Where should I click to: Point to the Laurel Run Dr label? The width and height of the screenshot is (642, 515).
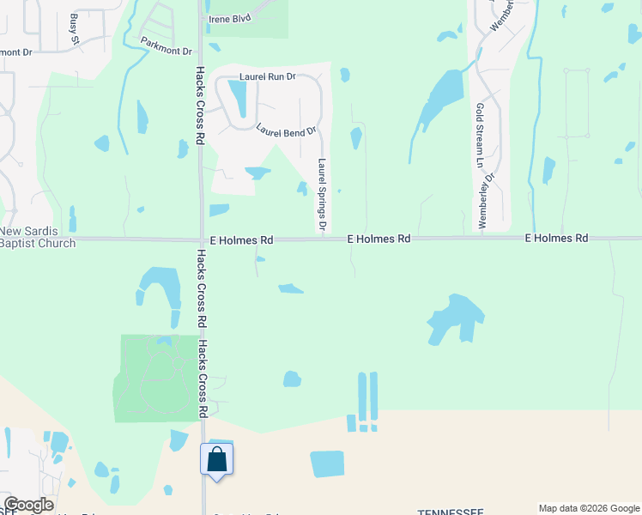click(267, 76)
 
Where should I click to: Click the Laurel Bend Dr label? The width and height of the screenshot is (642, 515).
click(286, 131)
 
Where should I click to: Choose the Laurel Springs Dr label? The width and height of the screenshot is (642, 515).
click(323, 195)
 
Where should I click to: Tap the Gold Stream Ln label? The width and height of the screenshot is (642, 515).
click(479, 136)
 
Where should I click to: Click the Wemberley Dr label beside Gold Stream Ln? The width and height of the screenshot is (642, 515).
click(487, 201)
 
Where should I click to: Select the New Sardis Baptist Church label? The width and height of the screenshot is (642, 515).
click(38, 238)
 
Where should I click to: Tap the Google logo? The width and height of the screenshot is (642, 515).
click(28, 505)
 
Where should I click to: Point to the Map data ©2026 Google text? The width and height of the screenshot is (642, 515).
click(589, 508)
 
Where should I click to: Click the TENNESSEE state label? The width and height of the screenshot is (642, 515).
click(451, 512)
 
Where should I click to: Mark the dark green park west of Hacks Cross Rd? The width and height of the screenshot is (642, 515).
click(154, 378)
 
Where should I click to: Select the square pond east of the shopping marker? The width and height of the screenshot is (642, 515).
click(327, 463)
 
